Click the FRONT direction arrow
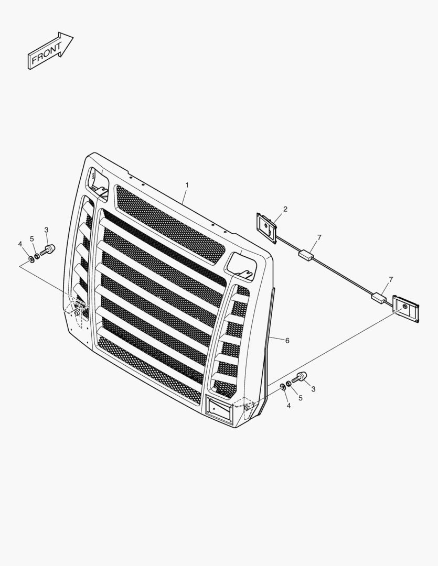(x=50, y=50)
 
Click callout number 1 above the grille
(x=187, y=185)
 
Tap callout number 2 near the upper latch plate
(x=285, y=209)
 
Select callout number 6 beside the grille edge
(x=287, y=341)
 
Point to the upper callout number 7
(x=319, y=237)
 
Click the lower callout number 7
(x=391, y=279)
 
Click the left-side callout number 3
(x=46, y=230)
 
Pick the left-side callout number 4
(x=20, y=244)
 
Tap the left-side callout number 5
(x=32, y=238)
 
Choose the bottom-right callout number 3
(x=313, y=389)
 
